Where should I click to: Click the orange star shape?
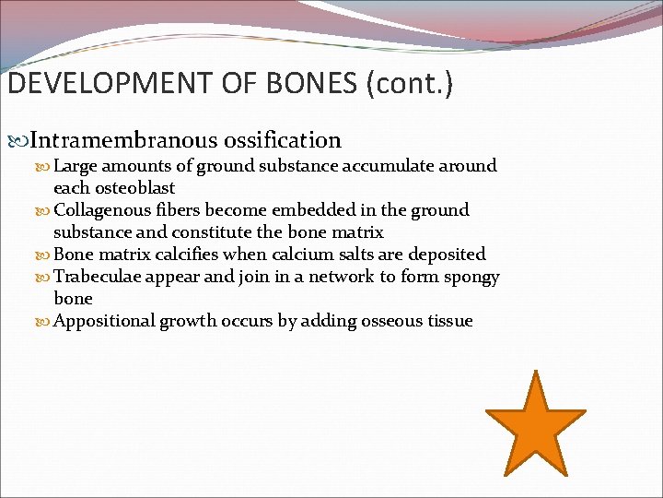click(x=535, y=426)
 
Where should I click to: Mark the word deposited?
click(x=448, y=255)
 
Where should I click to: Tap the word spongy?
click(x=470, y=277)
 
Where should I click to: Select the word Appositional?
click(x=105, y=321)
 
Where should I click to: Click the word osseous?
click(x=390, y=321)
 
